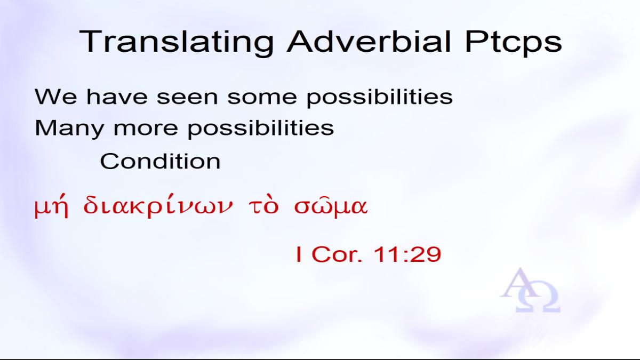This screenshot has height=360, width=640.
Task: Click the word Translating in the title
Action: point(176,42)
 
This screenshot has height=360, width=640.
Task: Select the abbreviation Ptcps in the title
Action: point(514,42)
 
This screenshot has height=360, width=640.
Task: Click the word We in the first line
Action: point(55,97)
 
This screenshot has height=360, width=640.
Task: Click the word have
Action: point(117,97)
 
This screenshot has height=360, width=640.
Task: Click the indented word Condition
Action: point(161,162)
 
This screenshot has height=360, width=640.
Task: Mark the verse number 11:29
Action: point(407,254)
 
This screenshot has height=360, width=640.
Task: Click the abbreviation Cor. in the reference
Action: point(337,254)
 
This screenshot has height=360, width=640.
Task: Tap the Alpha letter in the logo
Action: point(519,283)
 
